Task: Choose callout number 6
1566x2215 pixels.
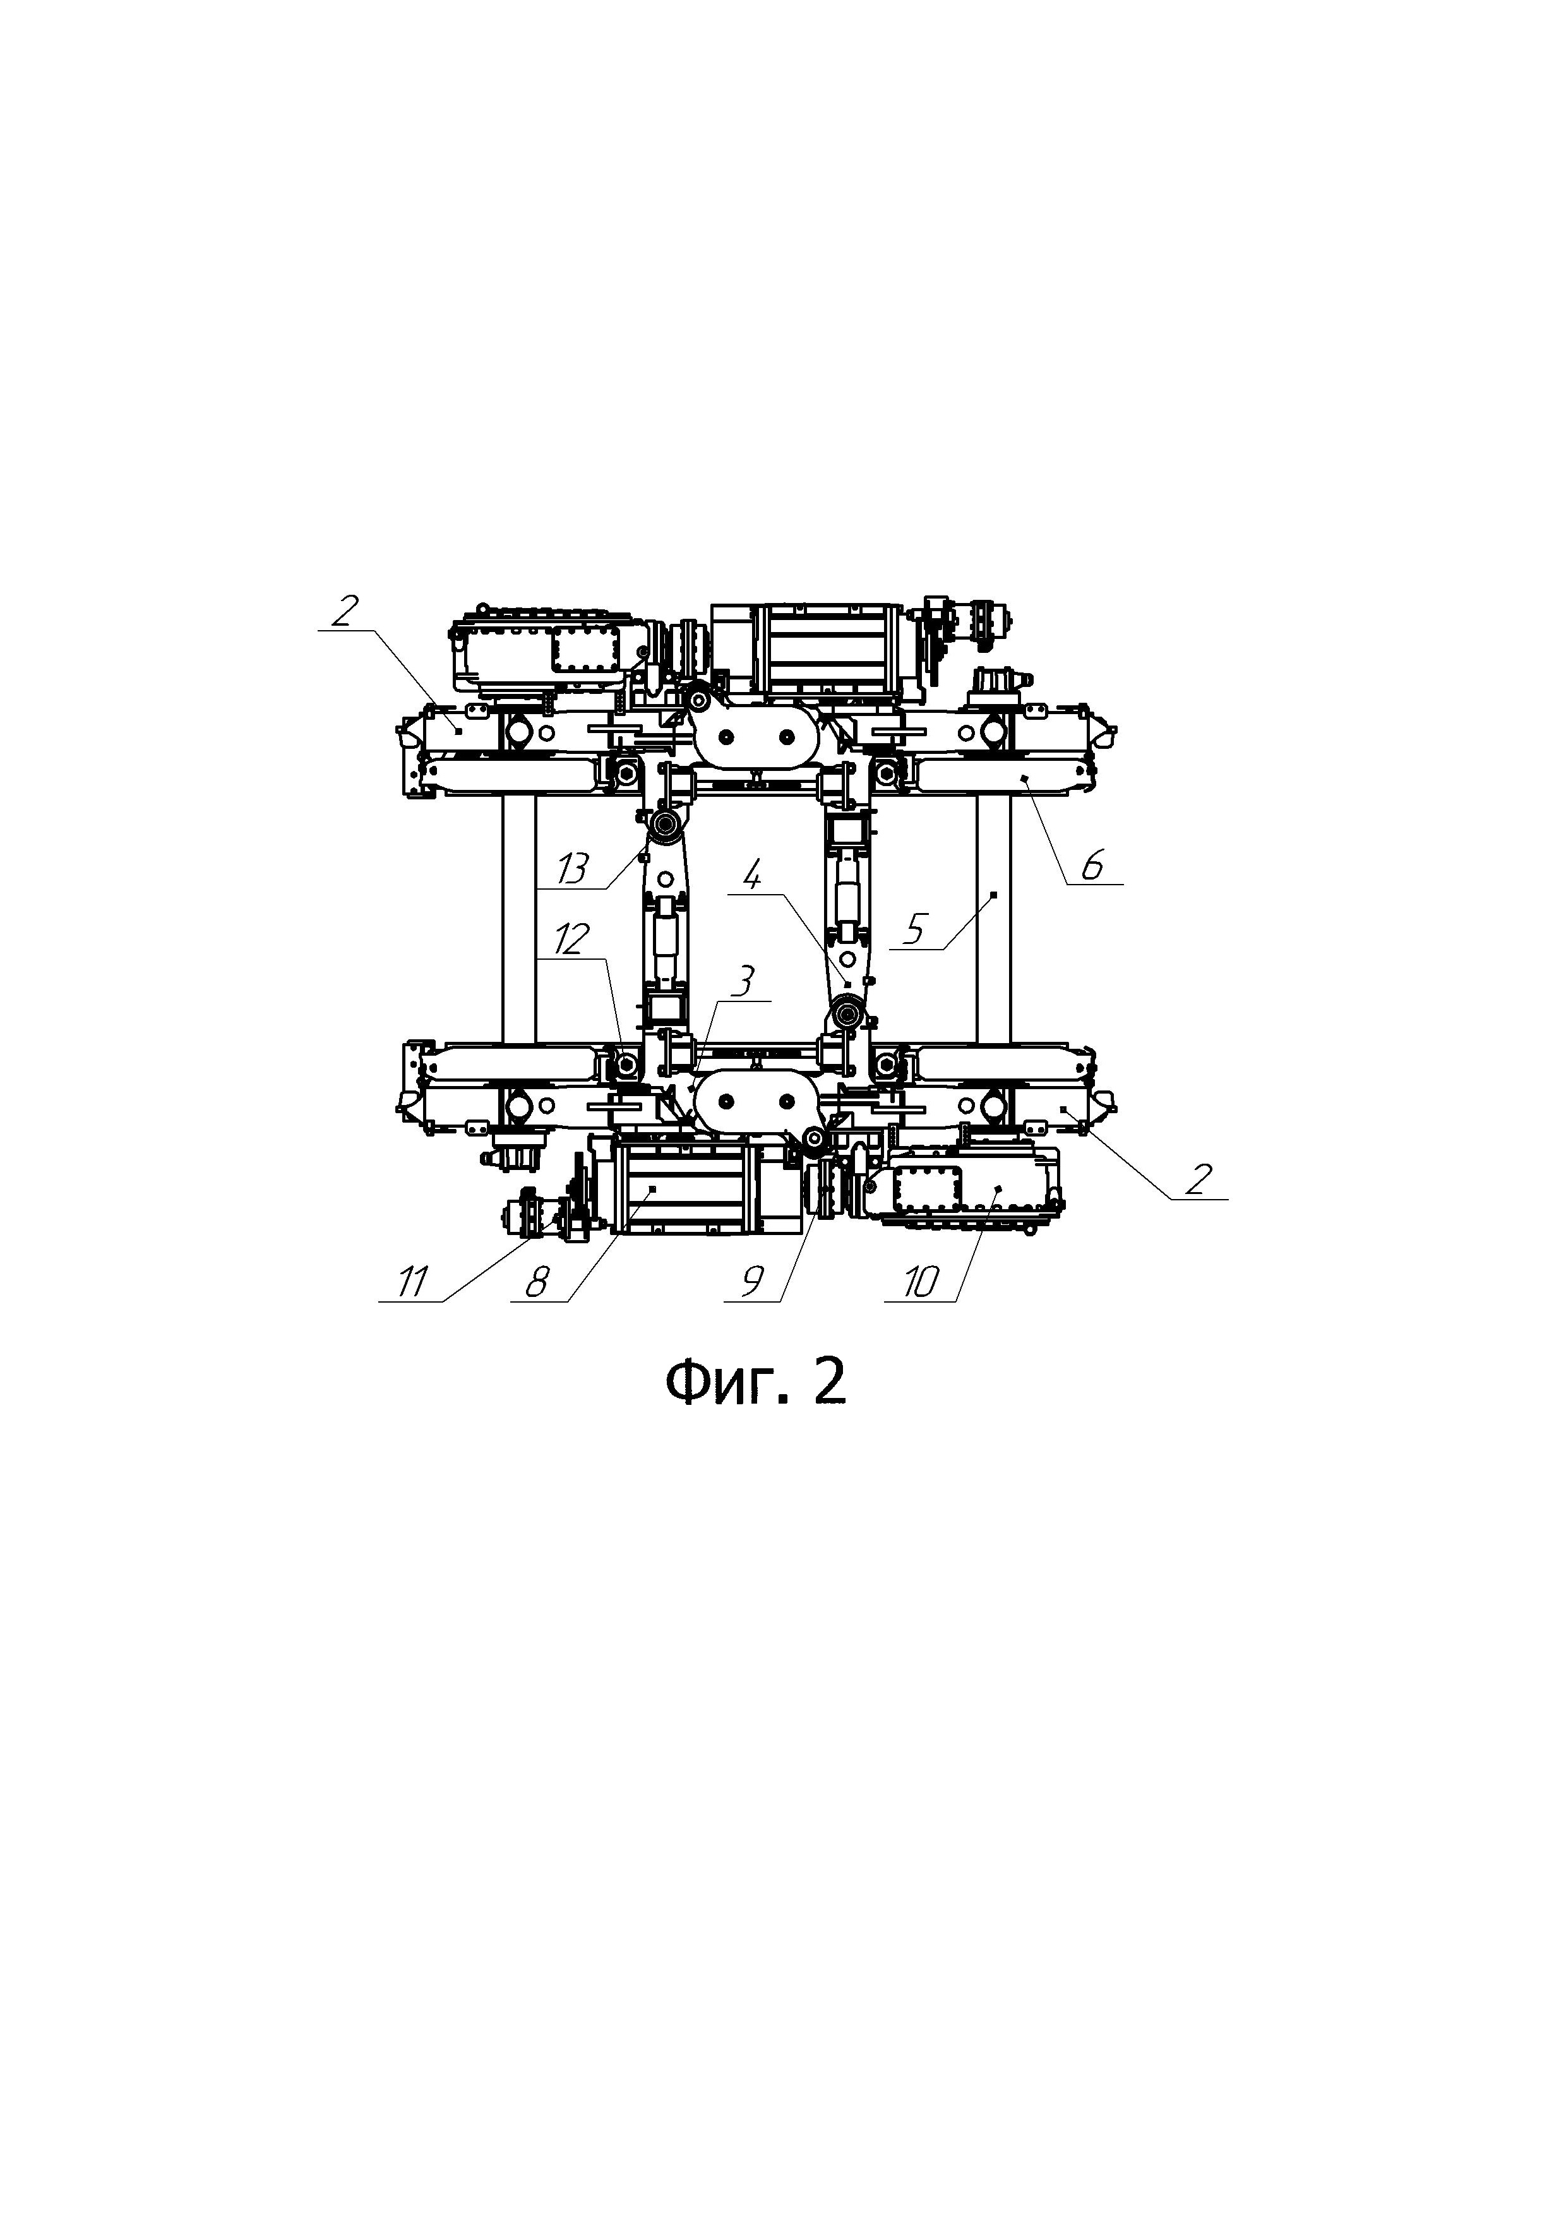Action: pyautogui.click(x=1091, y=866)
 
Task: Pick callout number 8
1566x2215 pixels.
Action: pyautogui.click(x=537, y=1283)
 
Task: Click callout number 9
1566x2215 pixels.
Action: pyautogui.click(x=753, y=1283)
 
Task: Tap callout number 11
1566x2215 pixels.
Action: pyautogui.click(x=412, y=1283)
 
